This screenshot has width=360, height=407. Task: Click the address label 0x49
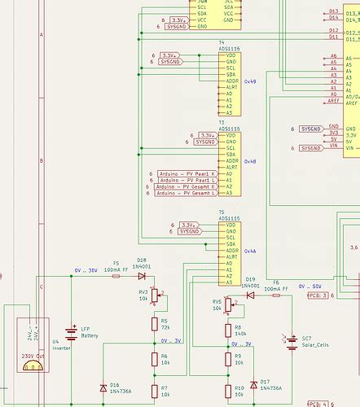pyautogui.click(x=249, y=81)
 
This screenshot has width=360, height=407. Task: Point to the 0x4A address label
pyautogui.click(x=249, y=252)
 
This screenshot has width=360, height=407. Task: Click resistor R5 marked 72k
pyautogui.click(x=154, y=324)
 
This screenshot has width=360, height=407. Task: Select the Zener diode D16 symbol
pyautogui.click(x=103, y=387)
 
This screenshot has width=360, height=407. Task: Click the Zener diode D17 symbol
pyautogui.click(x=253, y=384)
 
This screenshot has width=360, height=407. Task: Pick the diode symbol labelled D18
pyautogui.click(x=142, y=275)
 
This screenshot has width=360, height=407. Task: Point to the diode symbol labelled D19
pyautogui.click(x=250, y=295)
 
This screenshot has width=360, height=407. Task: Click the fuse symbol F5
pyautogui.click(x=116, y=275)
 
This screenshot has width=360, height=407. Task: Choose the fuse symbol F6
pyautogui.click(x=276, y=295)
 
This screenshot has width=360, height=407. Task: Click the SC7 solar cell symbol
pyautogui.click(x=292, y=342)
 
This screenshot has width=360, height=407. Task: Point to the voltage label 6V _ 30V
pyautogui.click(x=86, y=269)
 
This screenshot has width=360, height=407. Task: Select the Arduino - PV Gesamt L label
pyautogui.click(x=186, y=193)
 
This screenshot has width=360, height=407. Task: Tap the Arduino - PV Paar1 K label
pyautogui.click(x=186, y=173)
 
